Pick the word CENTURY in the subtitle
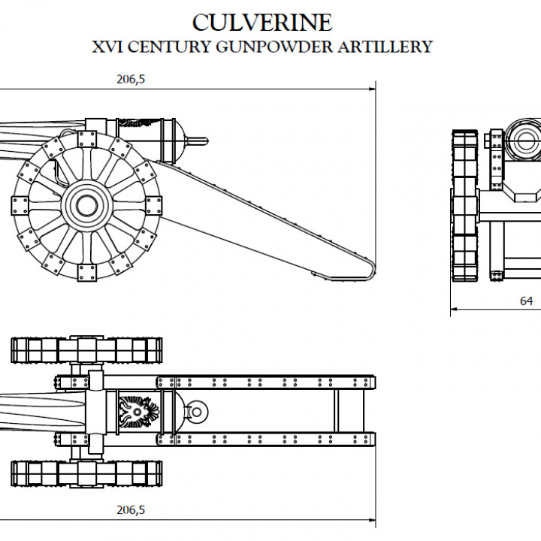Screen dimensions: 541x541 click(170, 47)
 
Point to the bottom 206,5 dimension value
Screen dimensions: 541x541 click(131, 510)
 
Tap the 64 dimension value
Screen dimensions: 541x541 click(527, 301)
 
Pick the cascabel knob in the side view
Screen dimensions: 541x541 click(198, 139)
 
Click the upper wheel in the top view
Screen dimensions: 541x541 click(86, 349)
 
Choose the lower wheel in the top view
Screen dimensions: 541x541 click(86, 473)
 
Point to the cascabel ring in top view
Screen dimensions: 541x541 click(198, 411)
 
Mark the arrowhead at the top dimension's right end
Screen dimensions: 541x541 click(373, 89)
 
